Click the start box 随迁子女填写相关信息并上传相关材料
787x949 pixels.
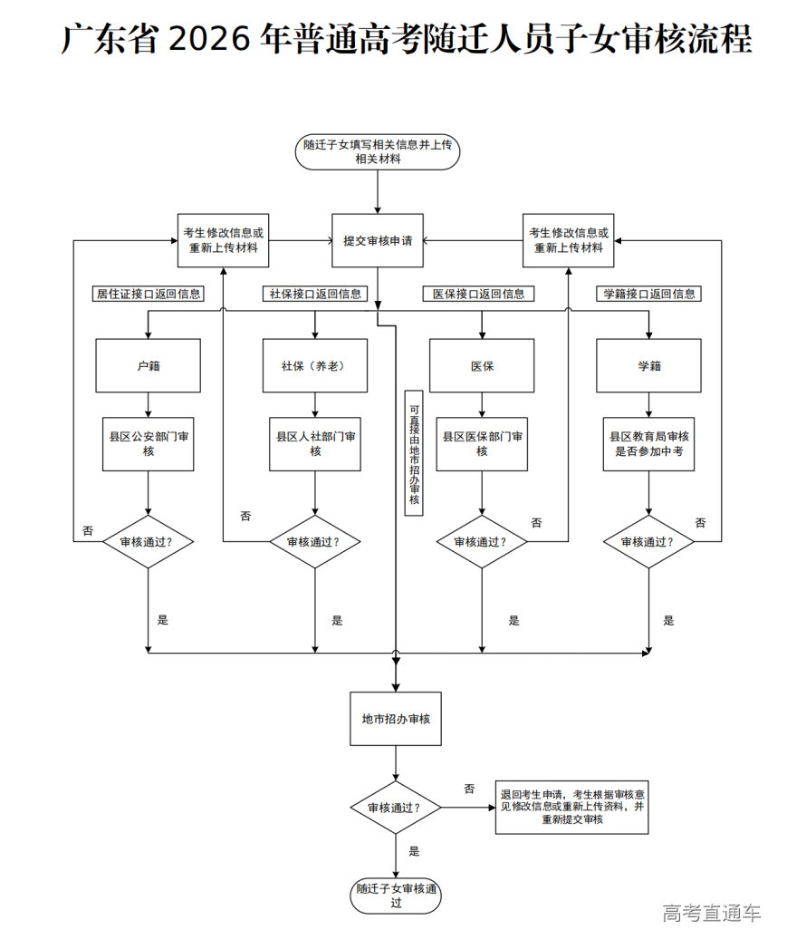pyautogui.click(x=378, y=151)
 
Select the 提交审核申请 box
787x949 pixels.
pyautogui.click(x=378, y=241)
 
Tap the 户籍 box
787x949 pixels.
pyautogui.click(x=149, y=366)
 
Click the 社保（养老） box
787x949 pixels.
pyautogui.click(x=315, y=366)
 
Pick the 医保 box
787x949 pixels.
pyautogui.click(x=482, y=366)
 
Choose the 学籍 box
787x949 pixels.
pyautogui.click(x=648, y=366)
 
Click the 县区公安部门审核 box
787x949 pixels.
pyautogui.click(x=149, y=443)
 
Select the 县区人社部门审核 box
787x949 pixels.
pyautogui.click(x=315, y=443)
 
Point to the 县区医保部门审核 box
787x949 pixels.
pyautogui.click(x=482, y=443)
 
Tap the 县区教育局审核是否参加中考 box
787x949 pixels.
pyautogui.click(x=648, y=443)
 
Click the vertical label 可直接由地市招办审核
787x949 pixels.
pyautogui.click(x=414, y=452)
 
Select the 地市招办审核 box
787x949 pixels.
pyautogui.click(x=396, y=719)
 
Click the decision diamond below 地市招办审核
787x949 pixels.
pyautogui.click(x=396, y=807)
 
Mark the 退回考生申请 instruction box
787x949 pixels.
pyautogui.click(x=571, y=806)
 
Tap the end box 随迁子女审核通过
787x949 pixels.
pyautogui.click(x=396, y=895)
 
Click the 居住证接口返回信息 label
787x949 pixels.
pyautogui.click(x=149, y=294)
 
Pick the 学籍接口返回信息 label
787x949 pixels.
pyautogui.click(x=649, y=294)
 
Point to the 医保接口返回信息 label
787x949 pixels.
pyautogui.click(x=478, y=294)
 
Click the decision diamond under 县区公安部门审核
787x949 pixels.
pyautogui.click(x=149, y=542)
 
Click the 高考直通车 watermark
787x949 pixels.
pyautogui.click(x=711, y=913)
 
